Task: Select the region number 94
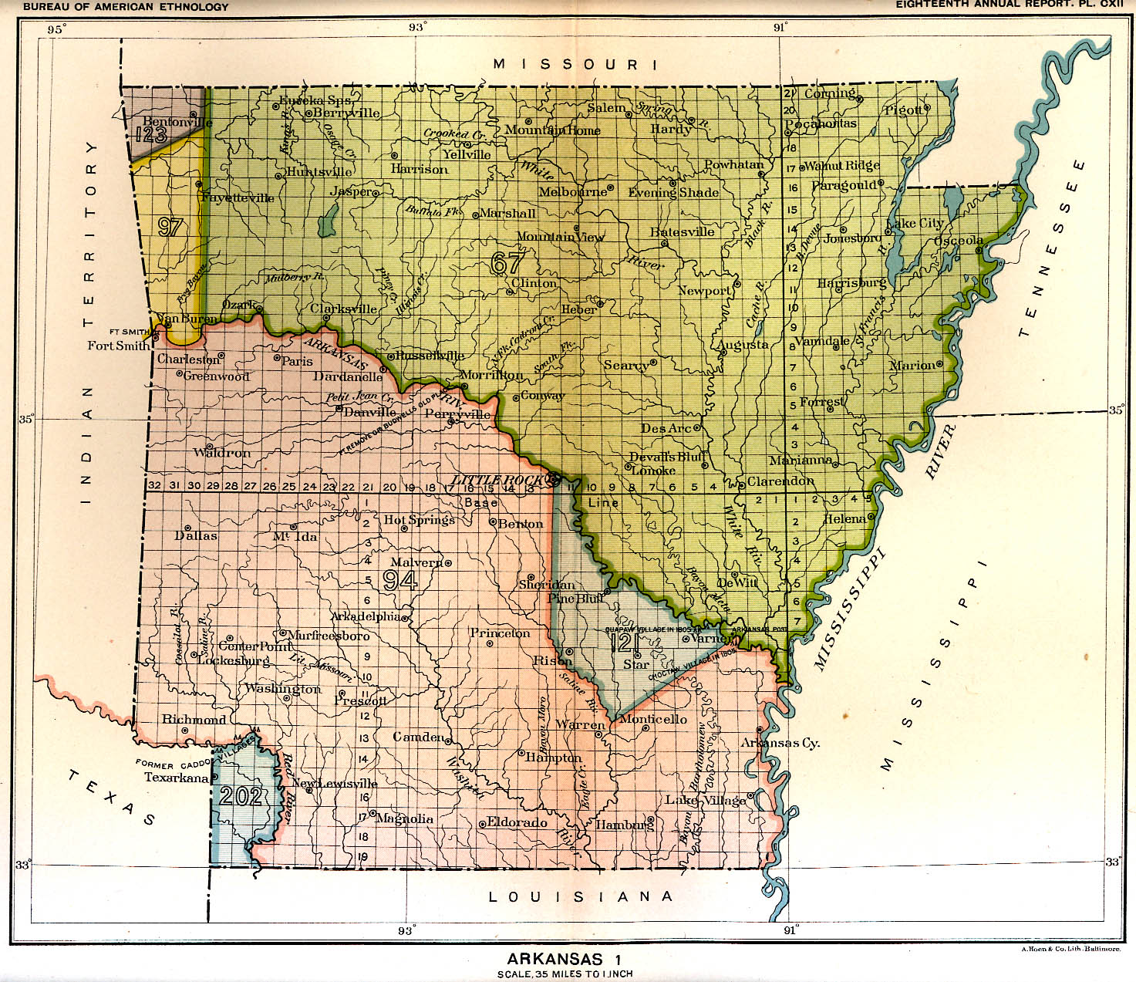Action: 400,579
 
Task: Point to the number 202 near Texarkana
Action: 241,796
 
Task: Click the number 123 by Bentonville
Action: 151,136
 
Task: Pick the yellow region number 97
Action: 170,227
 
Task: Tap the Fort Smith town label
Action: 118,346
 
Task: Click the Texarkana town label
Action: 177,778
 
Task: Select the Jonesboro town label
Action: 851,238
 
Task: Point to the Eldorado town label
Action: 517,822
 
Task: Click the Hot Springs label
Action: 420,520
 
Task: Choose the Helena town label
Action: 844,519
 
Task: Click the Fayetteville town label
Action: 237,197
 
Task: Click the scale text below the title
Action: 565,974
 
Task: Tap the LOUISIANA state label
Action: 581,896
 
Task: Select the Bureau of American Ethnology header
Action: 126,7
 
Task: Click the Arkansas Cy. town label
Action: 780,743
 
